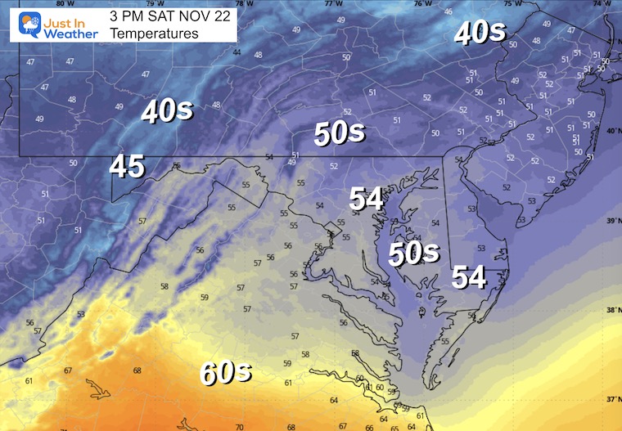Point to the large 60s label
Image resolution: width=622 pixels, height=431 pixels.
(x=225, y=373)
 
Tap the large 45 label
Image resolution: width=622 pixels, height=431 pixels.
(x=128, y=167)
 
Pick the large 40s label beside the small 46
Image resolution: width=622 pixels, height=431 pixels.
(x=480, y=33)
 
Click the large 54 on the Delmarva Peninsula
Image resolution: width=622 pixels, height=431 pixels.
(x=470, y=277)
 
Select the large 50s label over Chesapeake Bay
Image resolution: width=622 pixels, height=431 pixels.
(x=413, y=253)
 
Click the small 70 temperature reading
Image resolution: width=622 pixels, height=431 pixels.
(x=239, y=427)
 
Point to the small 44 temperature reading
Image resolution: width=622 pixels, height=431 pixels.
(x=237, y=52)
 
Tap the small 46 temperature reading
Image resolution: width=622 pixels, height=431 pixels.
(x=447, y=12)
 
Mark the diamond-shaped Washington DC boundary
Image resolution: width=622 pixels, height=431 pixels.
(x=331, y=229)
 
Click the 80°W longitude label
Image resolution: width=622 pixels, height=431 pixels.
(x=54, y=3)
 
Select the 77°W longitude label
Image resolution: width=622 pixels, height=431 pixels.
(x=331, y=3)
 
